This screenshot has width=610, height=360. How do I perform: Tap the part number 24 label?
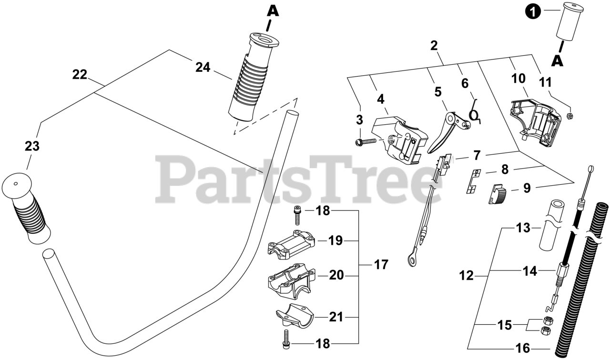point(203,68)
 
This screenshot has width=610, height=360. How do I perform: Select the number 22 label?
point(80,74)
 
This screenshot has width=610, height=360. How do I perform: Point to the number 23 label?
point(32,147)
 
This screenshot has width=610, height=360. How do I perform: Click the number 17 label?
point(381,264)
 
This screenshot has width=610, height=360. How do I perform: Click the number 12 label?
point(467,276)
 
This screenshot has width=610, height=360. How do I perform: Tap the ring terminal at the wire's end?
point(411,259)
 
